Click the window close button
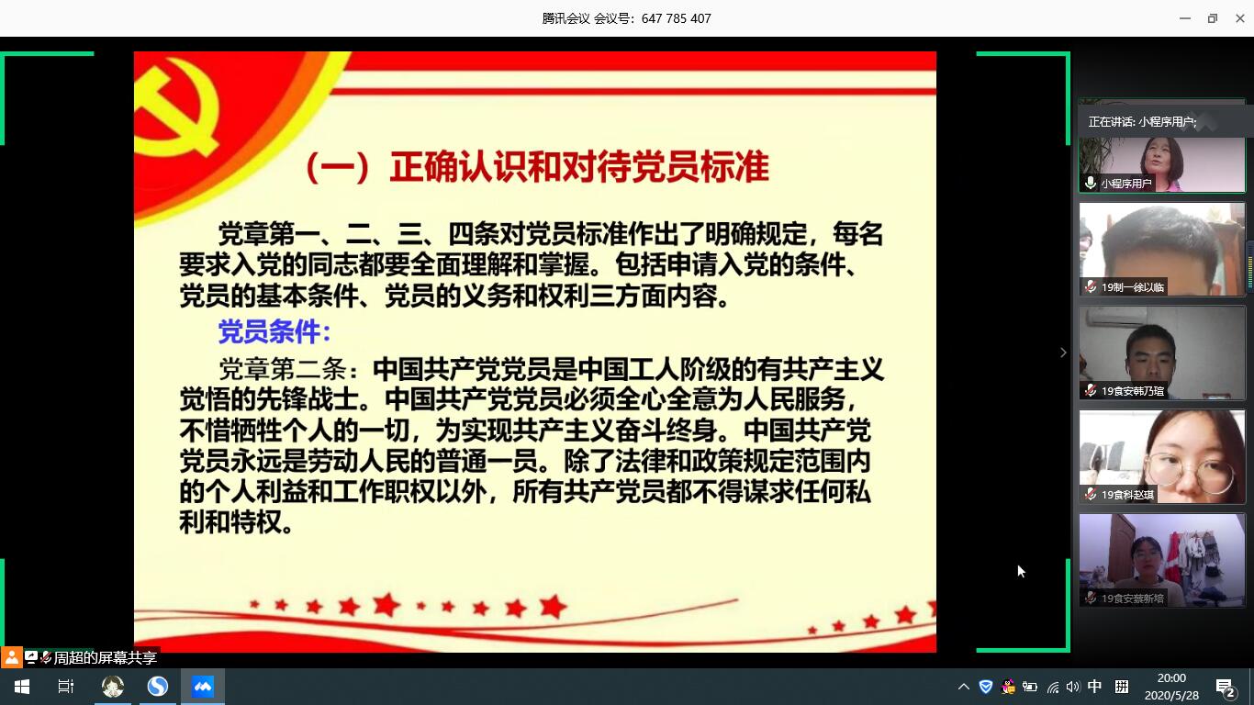tap(1240, 18)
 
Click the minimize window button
tap(1185, 18)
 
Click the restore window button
tap(1213, 18)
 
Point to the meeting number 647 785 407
tap(677, 18)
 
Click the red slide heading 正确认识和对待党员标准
tap(579, 167)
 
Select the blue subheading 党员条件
tap(270, 331)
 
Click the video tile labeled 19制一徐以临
tap(1162, 249)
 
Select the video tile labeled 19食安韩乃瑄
tap(1162, 352)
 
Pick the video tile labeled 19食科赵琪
tap(1162, 456)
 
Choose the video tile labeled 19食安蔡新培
tap(1162, 560)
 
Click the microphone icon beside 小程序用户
tap(1091, 183)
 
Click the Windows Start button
tap(22, 687)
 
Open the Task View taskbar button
tap(66, 687)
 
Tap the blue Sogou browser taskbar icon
tap(158, 687)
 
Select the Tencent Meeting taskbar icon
tap(203, 687)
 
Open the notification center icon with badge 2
tap(1226, 688)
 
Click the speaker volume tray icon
tap(1072, 687)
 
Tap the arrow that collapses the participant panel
tap(1063, 352)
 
